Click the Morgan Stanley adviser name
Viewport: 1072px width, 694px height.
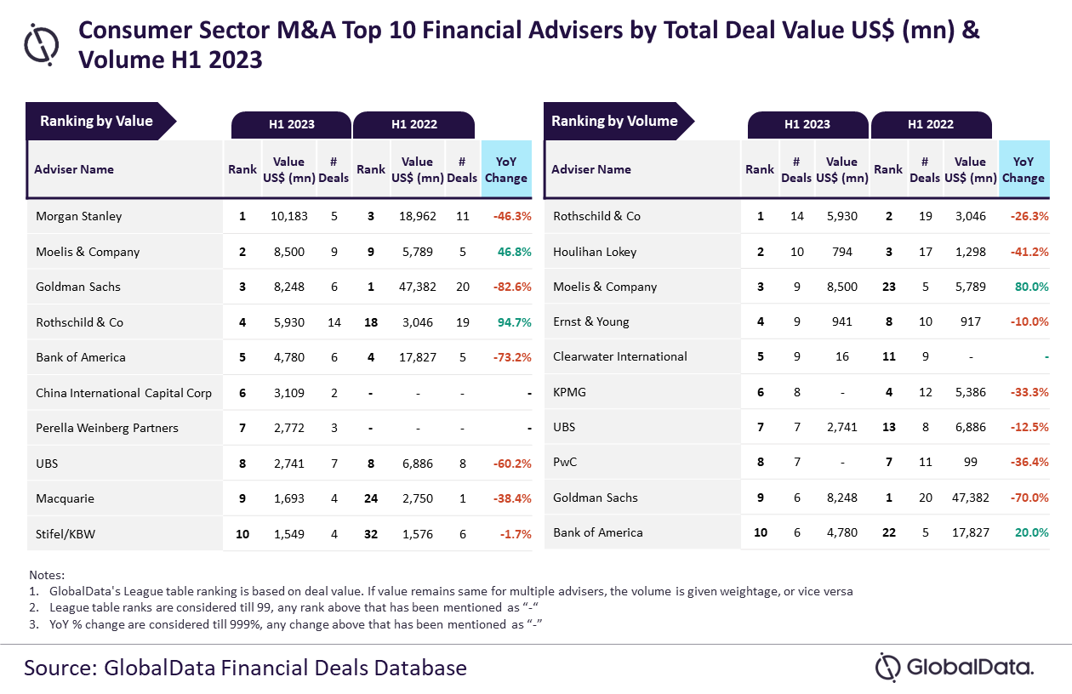(78, 216)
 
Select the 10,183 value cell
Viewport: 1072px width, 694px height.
(288, 216)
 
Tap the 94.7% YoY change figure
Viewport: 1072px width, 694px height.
(512, 322)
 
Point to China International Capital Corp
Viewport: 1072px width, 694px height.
(123, 393)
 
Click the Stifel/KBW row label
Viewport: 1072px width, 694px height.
(66, 533)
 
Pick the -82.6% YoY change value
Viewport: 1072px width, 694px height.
(512, 287)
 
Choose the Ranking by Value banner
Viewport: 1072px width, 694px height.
(96, 121)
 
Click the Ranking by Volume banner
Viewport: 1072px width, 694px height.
(614, 121)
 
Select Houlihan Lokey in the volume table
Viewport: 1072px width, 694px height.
(595, 252)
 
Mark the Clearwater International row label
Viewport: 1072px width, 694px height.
(620, 356)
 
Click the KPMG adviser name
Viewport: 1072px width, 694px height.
(569, 392)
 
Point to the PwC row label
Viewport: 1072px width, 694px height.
(566, 463)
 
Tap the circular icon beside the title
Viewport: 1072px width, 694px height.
(42, 44)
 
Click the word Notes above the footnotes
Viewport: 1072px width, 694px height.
(46, 575)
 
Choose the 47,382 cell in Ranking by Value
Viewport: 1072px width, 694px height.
(418, 287)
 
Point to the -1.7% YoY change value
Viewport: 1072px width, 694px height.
(515, 534)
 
